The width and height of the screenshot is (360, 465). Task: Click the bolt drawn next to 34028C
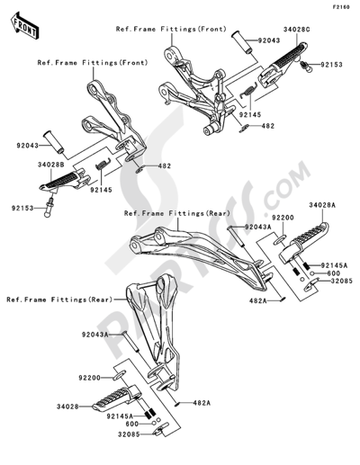point(306,65)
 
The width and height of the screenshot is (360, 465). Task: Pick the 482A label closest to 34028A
point(265,301)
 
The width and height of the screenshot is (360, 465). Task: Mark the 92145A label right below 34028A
point(328,266)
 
